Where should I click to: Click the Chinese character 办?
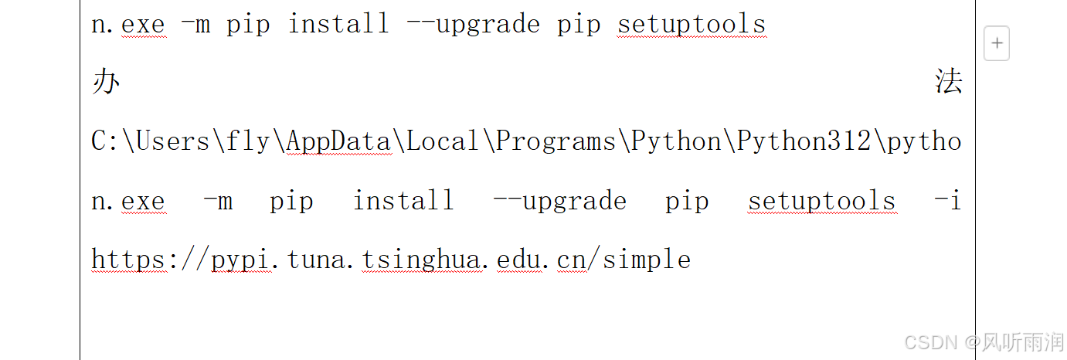point(105,82)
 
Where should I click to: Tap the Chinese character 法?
point(948,82)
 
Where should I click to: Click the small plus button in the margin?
point(997,44)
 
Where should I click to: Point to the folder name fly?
point(248,141)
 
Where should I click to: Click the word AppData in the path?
point(338,141)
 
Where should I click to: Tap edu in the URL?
point(518,260)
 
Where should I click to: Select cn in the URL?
point(572,260)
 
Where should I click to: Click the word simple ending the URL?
point(647,260)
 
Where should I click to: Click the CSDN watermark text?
point(931,342)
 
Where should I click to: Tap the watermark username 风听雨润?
point(1021,342)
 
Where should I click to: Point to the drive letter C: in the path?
point(103,141)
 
